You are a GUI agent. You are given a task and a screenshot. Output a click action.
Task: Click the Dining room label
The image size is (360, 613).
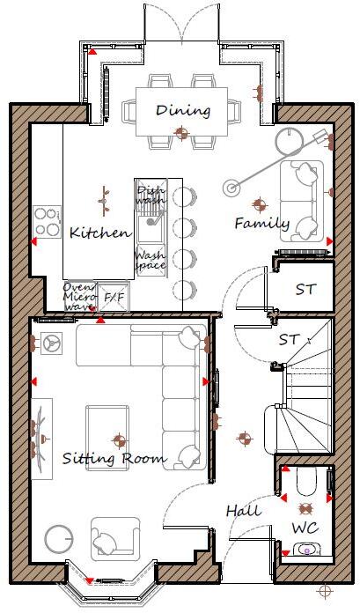pos(183,111)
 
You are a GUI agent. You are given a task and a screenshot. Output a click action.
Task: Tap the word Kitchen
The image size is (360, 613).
pos(100,233)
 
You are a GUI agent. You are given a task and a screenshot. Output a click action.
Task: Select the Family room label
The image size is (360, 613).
pos(261,224)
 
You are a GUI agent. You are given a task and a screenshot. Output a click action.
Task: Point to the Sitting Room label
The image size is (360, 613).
pos(114,459)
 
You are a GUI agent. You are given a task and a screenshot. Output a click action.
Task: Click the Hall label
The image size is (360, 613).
pos(243,511)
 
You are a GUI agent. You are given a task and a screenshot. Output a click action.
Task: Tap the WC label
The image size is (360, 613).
pos(305,528)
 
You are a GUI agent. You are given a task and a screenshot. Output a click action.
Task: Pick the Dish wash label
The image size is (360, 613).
pos(150,194)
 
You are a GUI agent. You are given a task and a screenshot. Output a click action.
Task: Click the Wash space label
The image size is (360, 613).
pos(150,261)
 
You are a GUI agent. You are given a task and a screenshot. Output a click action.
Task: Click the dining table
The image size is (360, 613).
pos(183,110)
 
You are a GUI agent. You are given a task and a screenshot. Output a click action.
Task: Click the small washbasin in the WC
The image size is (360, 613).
pos(307,550)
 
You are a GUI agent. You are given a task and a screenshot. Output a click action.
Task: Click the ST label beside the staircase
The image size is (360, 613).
pos(289,339)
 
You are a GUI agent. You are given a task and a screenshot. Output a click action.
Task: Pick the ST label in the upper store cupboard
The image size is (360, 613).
pos(305,289)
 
